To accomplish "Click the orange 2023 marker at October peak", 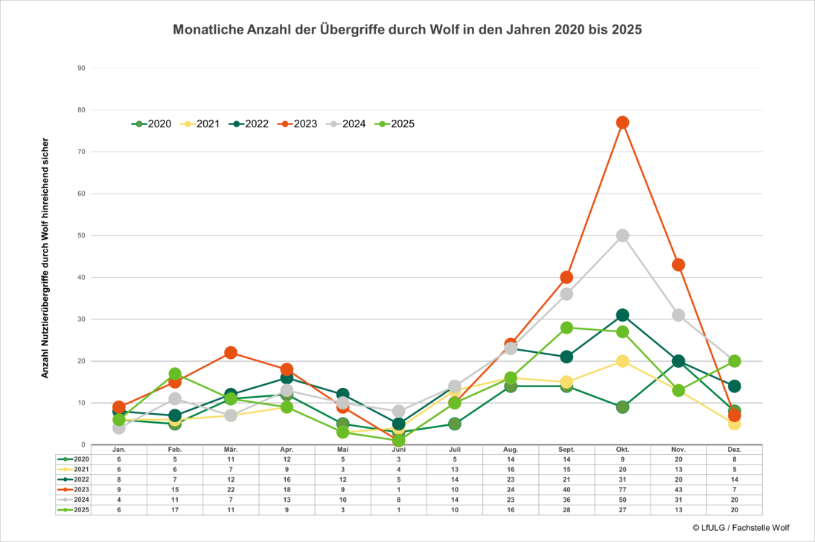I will tap(622, 122).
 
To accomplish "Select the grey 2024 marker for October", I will tap(622, 235).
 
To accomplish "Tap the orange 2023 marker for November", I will tap(678, 264).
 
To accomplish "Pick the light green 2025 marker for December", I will tap(734, 361).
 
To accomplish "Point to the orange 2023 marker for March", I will tap(231, 353).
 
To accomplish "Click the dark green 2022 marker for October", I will tap(622, 315).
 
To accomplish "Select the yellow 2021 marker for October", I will tap(622, 361).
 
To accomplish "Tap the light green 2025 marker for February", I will tap(175, 374).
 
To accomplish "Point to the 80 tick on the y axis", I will tap(81, 110).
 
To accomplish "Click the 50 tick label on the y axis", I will tap(81, 235).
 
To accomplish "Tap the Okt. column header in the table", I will tap(622, 450).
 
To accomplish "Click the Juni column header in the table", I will tap(398, 450).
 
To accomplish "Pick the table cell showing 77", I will tap(622, 490).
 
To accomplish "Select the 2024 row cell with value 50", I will tap(622, 500).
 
